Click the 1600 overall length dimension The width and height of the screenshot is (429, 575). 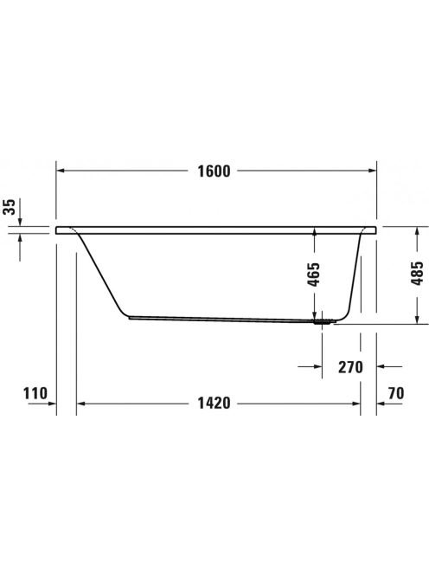[x=214, y=171]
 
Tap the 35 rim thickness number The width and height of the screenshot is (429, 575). [x=10, y=207]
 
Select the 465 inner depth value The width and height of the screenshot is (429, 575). [x=314, y=274]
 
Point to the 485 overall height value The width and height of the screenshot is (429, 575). [x=417, y=273]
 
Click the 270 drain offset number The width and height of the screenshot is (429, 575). [x=350, y=367]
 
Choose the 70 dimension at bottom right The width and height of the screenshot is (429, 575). [x=396, y=393]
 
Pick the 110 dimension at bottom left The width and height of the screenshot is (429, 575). [x=35, y=393]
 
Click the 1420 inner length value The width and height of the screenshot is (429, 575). [x=214, y=404]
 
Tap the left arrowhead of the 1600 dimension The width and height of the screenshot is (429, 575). [x=61, y=171]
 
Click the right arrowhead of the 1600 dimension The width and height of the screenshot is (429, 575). [x=372, y=171]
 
